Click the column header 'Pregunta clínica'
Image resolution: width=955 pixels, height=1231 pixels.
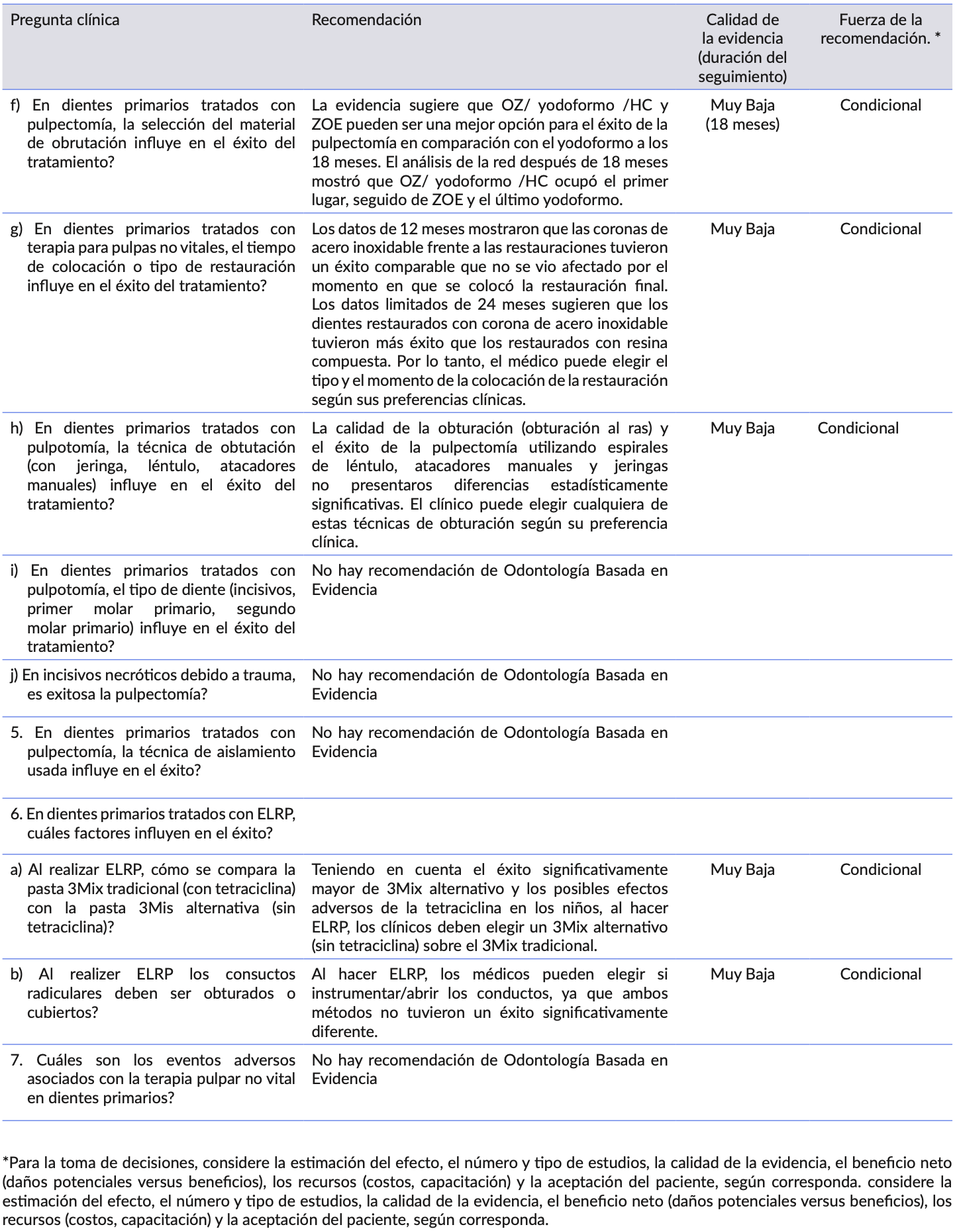pyautogui.click(x=65, y=20)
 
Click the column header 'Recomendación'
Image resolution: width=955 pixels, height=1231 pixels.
pyautogui.click(x=366, y=20)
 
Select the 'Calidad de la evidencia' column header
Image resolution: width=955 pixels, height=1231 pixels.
pyautogui.click(x=742, y=48)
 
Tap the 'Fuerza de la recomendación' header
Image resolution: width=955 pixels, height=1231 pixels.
pyautogui.click(x=880, y=29)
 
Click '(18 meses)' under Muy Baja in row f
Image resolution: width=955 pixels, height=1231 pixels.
pyautogui.click(x=742, y=124)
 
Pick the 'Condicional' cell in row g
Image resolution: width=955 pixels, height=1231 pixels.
pyautogui.click(x=880, y=229)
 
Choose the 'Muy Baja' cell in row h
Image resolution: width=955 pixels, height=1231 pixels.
pyautogui.click(x=742, y=428)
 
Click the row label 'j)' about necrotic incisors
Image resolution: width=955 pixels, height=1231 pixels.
pyautogui.click(x=15, y=675)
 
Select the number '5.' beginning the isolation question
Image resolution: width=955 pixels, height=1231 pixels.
pyautogui.click(x=17, y=733)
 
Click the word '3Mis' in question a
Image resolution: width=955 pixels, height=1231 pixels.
pyautogui.click(x=156, y=908)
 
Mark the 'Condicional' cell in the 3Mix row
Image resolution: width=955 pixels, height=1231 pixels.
pyautogui.click(x=880, y=870)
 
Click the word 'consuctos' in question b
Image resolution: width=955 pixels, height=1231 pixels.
pyautogui.click(x=260, y=974)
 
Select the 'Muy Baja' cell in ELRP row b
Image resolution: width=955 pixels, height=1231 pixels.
pyautogui.click(x=742, y=974)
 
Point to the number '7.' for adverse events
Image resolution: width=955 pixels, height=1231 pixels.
pyautogui.click(x=17, y=1060)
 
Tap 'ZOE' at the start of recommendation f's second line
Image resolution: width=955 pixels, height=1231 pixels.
pyautogui.click(x=327, y=124)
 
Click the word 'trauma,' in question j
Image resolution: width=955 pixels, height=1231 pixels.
pyautogui.click(x=271, y=675)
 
